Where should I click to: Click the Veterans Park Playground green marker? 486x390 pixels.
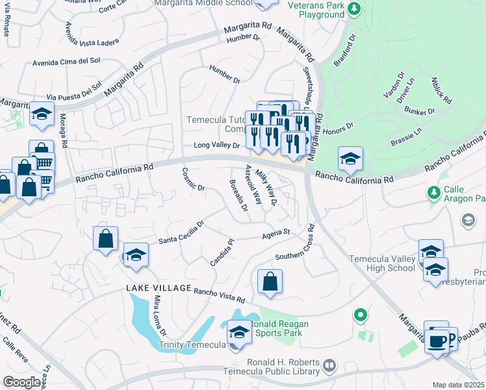353,9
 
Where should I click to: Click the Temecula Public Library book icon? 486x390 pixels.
329,367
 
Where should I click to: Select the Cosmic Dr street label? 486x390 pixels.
193,179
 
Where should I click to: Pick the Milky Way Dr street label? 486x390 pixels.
266,187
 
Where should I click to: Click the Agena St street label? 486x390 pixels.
275,234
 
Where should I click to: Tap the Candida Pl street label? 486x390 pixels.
222,253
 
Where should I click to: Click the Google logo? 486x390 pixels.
21,382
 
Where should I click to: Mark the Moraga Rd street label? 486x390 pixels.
64,131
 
